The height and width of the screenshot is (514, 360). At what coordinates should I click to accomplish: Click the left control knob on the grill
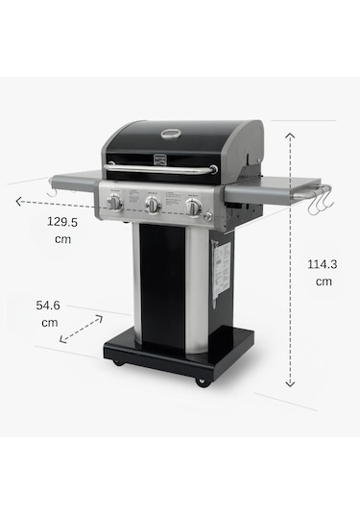point(114,202)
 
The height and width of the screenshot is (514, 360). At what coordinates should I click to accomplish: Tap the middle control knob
point(153,205)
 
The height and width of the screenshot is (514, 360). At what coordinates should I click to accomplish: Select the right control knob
point(193,207)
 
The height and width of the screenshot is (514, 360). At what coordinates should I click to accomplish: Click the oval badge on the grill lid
point(174,137)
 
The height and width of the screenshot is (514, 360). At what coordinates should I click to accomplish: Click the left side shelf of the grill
point(73,180)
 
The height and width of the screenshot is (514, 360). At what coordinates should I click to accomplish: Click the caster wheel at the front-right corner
point(201,381)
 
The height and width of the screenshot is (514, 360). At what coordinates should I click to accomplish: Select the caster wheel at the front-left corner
point(117,362)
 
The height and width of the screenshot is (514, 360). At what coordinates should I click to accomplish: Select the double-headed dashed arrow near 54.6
point(81,329)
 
